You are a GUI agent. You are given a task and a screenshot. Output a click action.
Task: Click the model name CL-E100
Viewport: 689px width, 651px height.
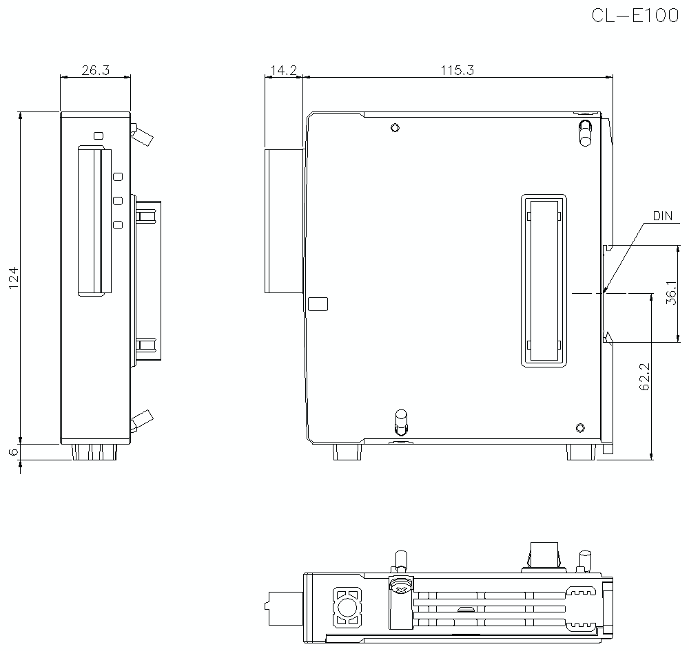click(634, 17)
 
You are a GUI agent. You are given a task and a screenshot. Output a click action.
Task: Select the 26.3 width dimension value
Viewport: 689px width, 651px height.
click(96, 70)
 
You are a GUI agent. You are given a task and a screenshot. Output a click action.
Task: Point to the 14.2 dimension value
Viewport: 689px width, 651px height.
click(283, 70)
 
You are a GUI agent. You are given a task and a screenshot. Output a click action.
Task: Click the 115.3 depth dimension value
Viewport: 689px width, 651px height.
click(457, 70)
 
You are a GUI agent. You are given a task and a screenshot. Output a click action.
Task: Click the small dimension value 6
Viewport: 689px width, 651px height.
click(13, 452)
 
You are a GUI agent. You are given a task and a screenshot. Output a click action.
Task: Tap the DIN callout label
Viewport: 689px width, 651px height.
click(662, 217)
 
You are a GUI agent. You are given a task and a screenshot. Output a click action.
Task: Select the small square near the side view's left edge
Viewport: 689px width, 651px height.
click(318, 303)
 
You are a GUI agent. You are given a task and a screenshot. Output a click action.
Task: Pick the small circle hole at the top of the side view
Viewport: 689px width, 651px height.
click(394, 128)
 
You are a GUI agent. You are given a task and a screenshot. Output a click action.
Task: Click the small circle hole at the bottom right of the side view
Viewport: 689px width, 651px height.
click(580, 427)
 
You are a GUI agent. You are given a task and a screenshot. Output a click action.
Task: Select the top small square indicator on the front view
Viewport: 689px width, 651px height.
click(99, 135)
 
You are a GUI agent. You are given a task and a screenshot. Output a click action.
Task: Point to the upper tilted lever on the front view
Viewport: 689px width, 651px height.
click(143, 135)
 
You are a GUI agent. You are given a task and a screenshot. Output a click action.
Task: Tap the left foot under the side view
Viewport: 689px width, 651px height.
click(347, 452)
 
